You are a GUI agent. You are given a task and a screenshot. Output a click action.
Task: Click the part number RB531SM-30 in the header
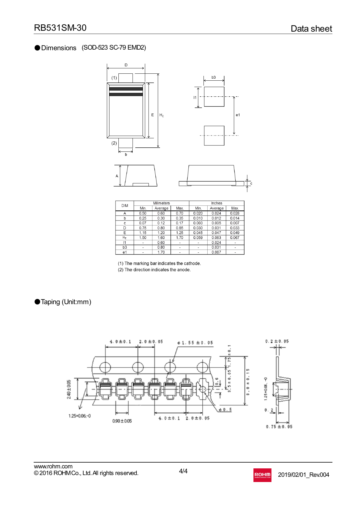point(60,28)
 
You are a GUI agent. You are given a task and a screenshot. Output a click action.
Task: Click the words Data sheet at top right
point(311,29)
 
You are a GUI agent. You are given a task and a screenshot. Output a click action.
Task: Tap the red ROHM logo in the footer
point(262,475)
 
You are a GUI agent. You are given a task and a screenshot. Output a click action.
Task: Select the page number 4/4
point(183,471)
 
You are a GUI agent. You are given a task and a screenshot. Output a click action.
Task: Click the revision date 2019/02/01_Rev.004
point(303,475)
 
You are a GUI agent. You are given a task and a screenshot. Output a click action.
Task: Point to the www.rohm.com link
point(53,466)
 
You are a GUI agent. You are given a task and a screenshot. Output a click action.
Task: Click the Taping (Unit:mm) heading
point(66,302)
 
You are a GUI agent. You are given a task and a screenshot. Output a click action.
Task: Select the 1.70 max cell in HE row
point(179,238)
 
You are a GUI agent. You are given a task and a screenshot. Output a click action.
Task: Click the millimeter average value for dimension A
point(161,213)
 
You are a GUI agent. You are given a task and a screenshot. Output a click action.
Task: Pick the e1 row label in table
point(125,252)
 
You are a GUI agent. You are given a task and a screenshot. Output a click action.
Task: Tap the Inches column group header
point(217,203)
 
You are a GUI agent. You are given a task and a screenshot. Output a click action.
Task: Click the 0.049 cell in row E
point(235,233)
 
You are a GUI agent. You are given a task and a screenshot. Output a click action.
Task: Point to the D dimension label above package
point(126,65)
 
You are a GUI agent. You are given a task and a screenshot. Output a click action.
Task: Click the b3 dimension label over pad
point(214,77)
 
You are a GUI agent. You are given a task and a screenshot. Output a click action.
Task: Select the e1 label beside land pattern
point(238,115)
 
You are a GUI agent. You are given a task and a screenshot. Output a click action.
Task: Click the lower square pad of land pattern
point(214,136)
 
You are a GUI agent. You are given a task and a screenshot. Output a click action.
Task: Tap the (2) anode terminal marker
point(114,143)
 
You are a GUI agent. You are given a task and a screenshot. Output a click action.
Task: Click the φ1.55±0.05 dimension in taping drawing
point(195,343)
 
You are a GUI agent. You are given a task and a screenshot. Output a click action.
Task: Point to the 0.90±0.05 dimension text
point(122,421)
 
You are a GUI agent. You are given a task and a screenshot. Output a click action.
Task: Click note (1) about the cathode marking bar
point(159,263)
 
